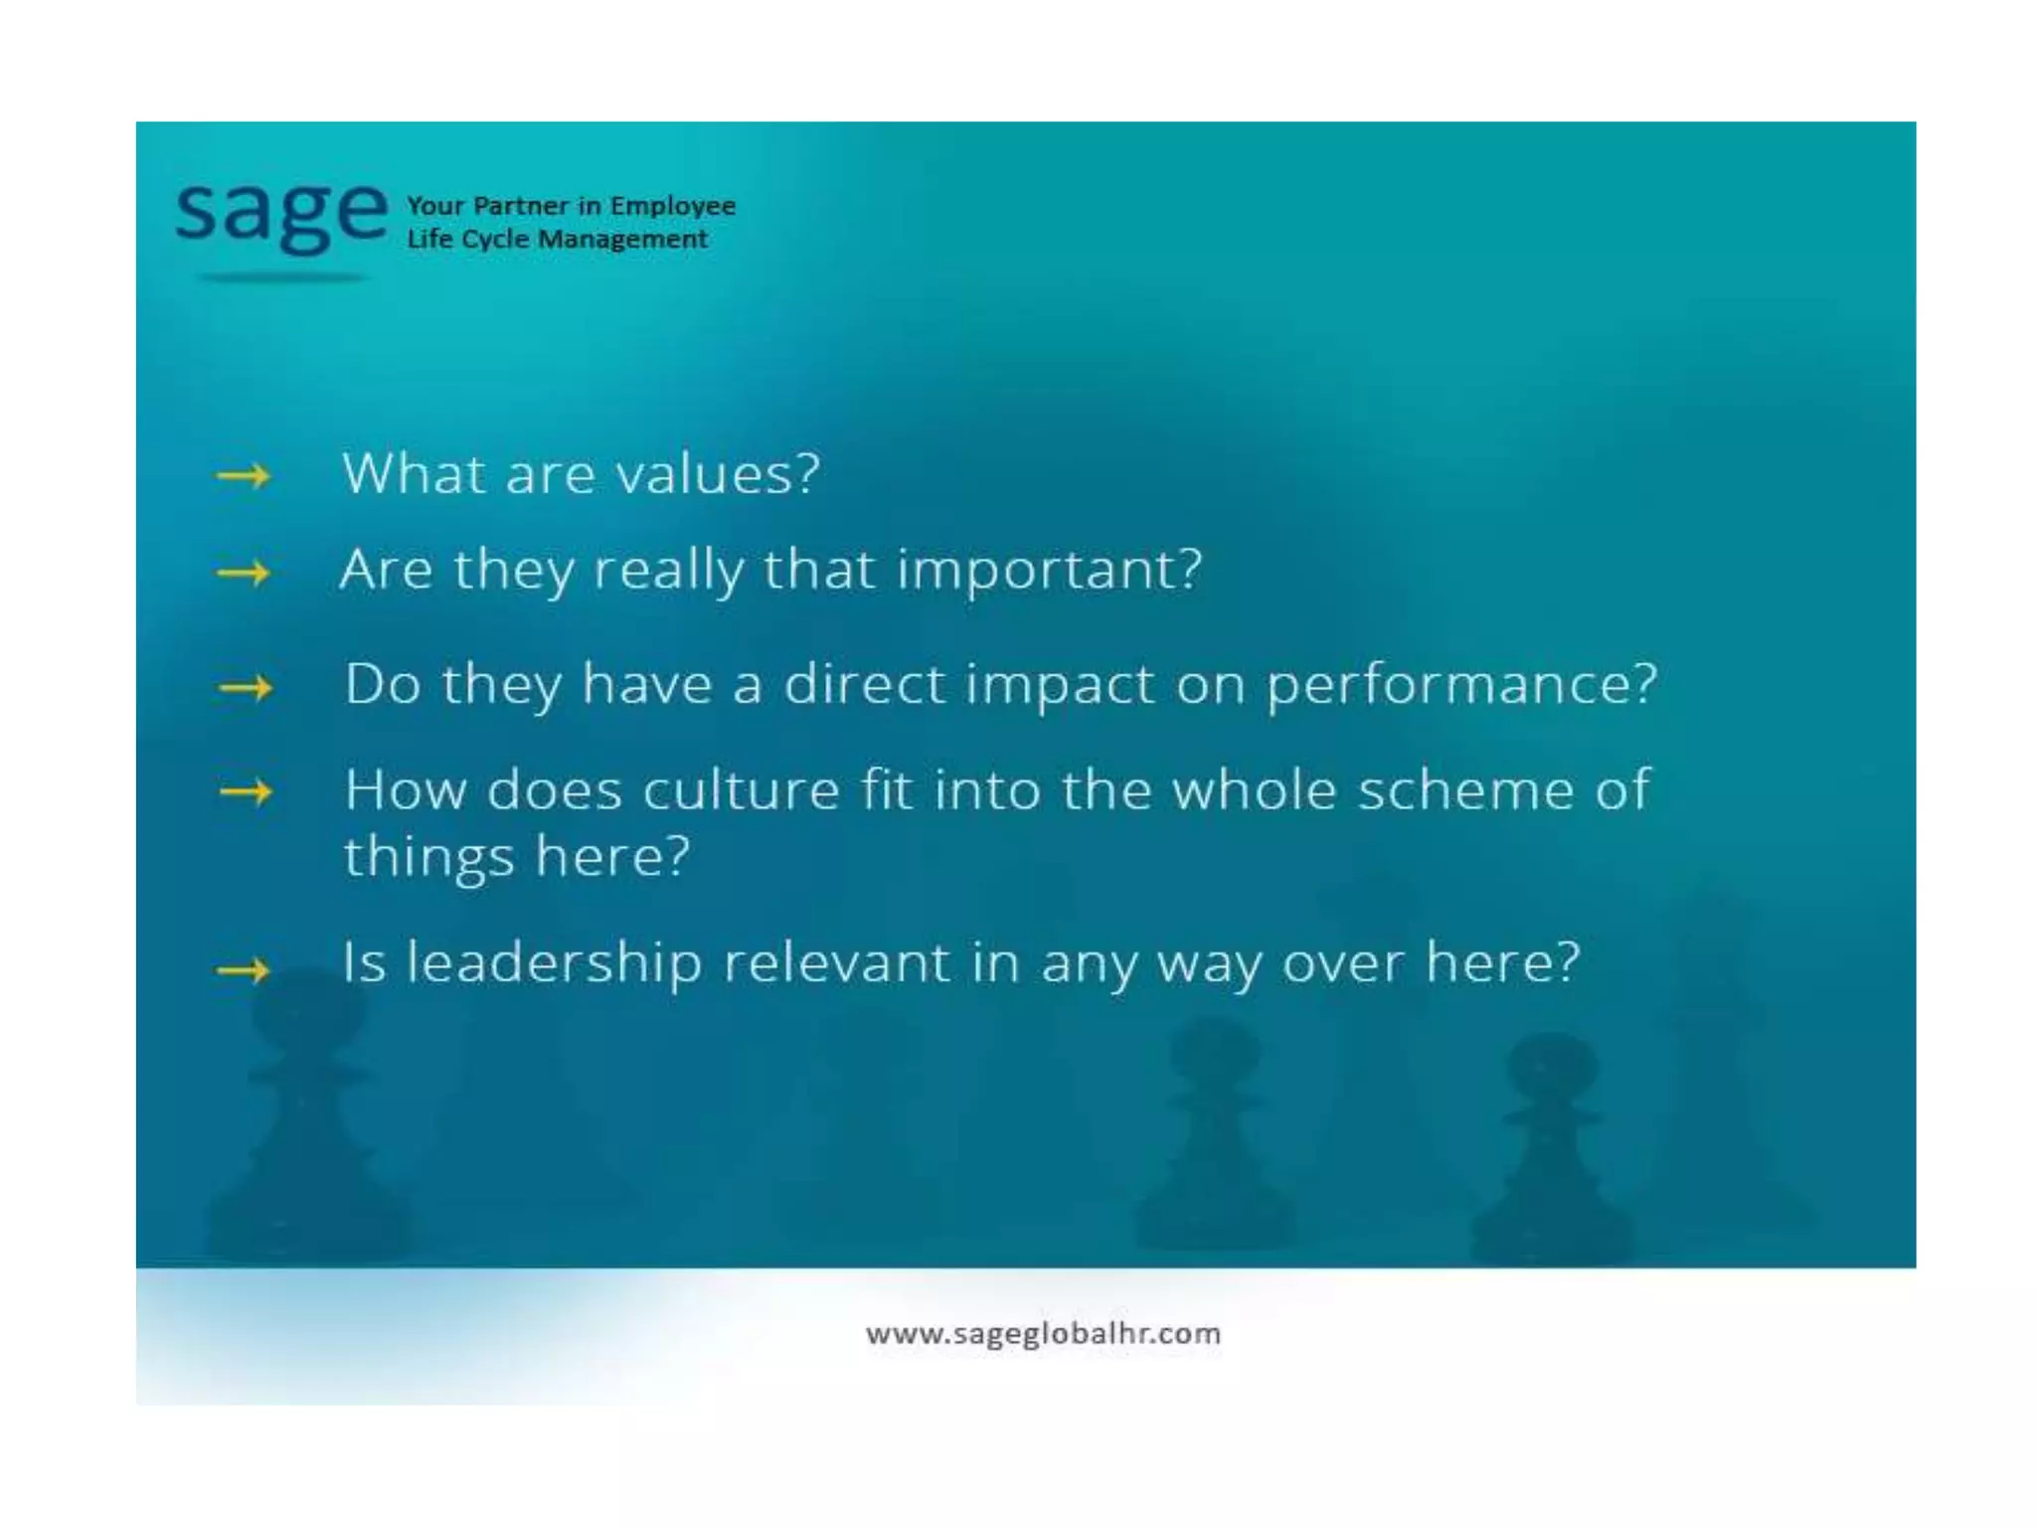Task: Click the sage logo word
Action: [281, 214]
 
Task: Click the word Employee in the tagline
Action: [672, 206]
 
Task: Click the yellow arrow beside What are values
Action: [244, 477]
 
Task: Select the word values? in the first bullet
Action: [718, 473]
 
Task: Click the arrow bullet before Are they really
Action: [244, 573]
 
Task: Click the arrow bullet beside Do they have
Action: [246, 688]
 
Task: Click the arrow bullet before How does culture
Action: [246, 792]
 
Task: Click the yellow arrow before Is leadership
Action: [244, 969]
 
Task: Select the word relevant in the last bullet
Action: [836, 962]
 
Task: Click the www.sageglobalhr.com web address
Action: [1043, 1333]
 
